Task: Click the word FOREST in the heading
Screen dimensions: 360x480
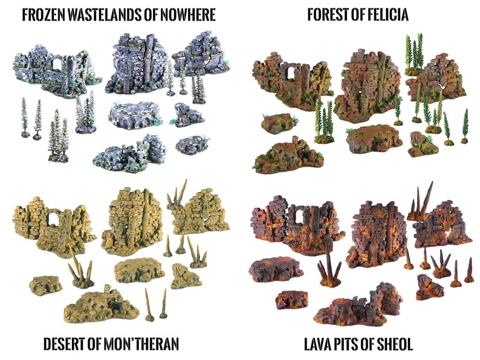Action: (x=327, y=14)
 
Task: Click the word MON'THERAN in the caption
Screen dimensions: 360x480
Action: (x=141, y=344)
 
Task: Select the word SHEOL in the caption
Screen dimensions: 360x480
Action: (x=394, y=344)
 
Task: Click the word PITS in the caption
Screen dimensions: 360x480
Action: (x=353, y=344)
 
